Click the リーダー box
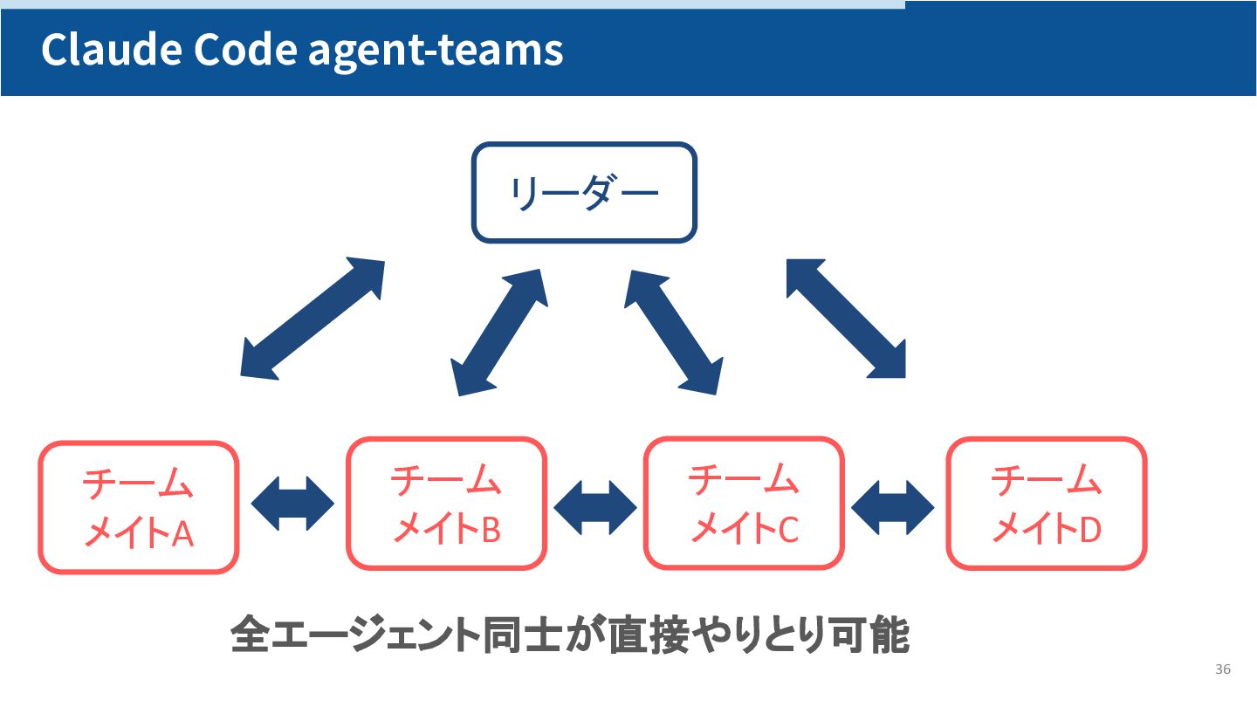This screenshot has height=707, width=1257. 584,192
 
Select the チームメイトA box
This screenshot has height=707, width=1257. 139,507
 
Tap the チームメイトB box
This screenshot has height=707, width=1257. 446,504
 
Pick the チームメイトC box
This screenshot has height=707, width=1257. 744,503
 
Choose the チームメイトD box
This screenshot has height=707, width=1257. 1046,504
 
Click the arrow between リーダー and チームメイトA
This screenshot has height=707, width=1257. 313,319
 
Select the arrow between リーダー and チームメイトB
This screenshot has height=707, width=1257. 499,332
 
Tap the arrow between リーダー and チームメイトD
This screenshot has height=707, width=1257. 846,318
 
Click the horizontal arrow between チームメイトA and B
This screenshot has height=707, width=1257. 292,504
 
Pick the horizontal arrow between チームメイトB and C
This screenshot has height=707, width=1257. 595,507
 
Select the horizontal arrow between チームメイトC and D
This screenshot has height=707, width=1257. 893,507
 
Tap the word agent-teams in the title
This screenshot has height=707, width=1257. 436,51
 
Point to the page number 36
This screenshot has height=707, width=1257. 1222,669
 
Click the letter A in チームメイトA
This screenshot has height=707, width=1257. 182,533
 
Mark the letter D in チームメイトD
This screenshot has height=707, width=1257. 1090,529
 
